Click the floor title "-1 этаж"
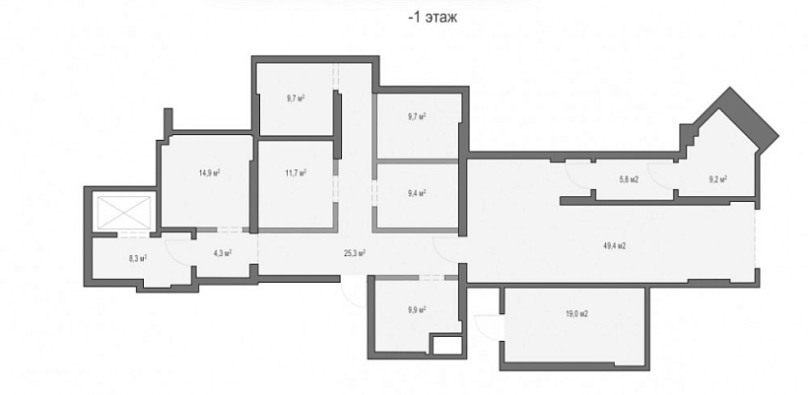pos(433,18)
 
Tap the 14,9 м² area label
pos(210,173)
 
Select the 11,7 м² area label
pos(296,173)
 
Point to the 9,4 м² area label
pos(417,194)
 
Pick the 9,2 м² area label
pos(717,179)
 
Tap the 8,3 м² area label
pos(138,258)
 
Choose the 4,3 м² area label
pos(222,253)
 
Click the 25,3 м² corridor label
pos(355,253)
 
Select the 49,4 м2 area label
pos(614,246)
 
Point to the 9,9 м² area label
pos(417,310)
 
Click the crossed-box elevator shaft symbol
pos(124,212)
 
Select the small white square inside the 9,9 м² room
pos(446,346)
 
